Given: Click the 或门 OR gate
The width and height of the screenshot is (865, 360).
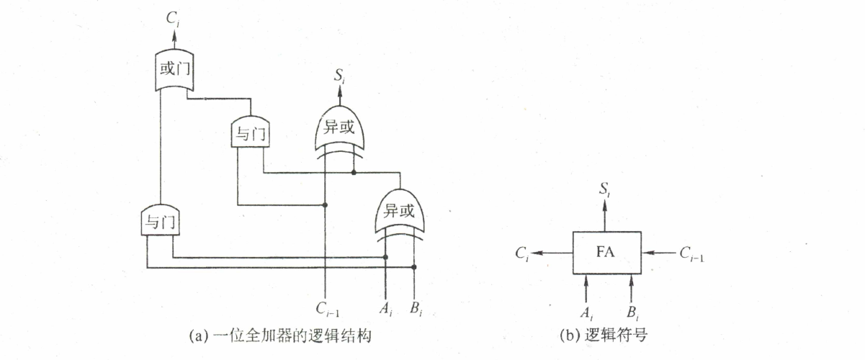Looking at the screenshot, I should tap(174, 71).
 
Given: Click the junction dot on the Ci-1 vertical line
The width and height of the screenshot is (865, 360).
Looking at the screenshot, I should tap(326, 205).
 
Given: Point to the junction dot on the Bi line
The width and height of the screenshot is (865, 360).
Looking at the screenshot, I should tap(413, 266).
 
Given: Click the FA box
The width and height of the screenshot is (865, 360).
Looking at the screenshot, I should tap(606, 253).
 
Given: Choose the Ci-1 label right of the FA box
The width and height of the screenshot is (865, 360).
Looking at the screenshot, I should tap(691, 253).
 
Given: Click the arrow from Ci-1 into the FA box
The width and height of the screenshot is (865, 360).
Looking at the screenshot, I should tap(658, 253).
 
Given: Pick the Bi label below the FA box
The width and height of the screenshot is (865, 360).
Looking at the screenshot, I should tap(632, 313).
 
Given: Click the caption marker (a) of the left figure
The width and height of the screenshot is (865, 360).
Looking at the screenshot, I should tap(194, 335).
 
